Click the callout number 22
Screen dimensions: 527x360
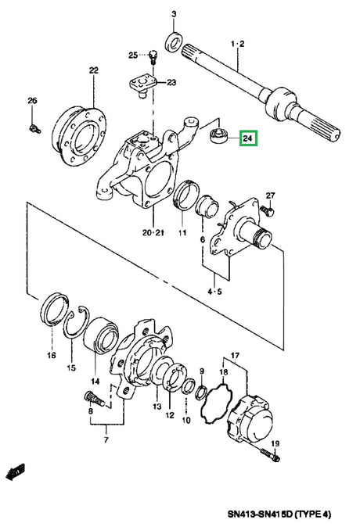(x=93, y=71)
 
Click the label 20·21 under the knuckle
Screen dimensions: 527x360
(x=153, y=232)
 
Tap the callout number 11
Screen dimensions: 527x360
(x=181, y=232)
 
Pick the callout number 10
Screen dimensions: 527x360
(x=186, y=420)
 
